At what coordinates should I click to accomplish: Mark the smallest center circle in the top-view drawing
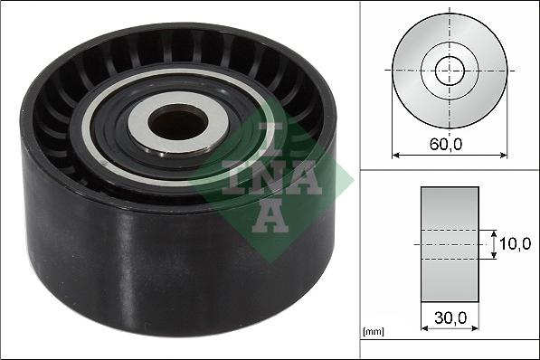pos(450,70)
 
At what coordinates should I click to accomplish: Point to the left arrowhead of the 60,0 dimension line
pos(395,155)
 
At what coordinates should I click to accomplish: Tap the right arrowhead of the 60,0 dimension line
pos(504,155)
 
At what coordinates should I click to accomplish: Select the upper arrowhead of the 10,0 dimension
pos(494,232)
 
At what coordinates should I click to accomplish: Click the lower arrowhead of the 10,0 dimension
pos(494,257)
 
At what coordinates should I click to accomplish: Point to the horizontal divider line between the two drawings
pos(450,168)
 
